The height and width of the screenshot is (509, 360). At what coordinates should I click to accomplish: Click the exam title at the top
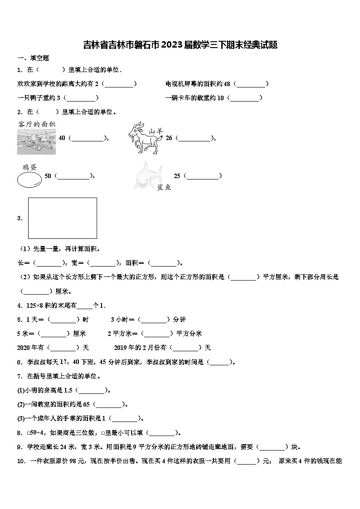pyautogui.click(x=180, y=44)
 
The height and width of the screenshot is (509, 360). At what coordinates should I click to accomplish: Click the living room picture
pyautogui.click(x=36, y=141)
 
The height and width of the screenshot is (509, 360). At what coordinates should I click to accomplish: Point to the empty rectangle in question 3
pyautogui.click(x=63, y=218)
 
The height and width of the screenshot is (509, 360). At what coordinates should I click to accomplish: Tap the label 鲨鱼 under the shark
pyautogui.click(x=164, y=187)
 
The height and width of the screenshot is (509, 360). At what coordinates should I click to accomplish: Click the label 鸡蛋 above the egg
pyautogui.click(x=29, y=167)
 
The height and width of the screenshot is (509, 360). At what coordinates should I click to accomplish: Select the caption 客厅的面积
pyautogui.click(x=37, y=124)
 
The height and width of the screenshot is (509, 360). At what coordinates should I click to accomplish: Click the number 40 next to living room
pyautogui.click(x=62, y=138)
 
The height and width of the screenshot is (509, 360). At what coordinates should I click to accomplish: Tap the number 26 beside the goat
pyautogui.click(x=169, y=138)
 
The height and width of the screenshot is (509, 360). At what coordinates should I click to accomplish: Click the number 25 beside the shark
pyautogui.click(x=177, y=176)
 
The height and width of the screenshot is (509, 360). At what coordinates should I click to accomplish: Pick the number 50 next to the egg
pyautogui.click(x=48, y=176)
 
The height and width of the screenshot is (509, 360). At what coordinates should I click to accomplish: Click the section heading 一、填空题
pyautogui.click(x=33, y=58)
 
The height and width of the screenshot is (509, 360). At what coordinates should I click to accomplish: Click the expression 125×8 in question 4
pyautogui.click(x=35, y=305)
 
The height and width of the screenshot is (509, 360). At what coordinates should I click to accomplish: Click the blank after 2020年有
pyautogui.click(x=63, y=348)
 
